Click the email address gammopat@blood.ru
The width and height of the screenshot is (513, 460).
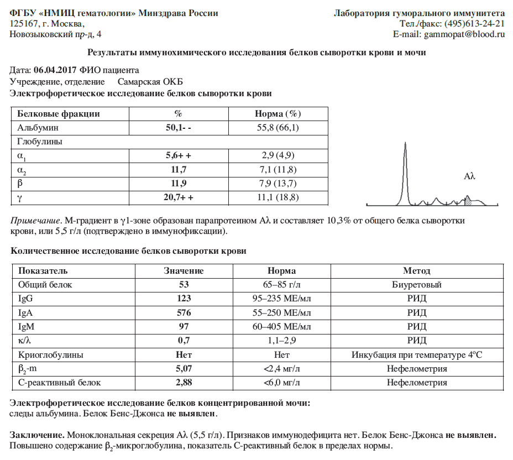point(464,34)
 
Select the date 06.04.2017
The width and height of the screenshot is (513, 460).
point(55,70)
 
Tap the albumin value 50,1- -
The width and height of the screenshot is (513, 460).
point(178,128)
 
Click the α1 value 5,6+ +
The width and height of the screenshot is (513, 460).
point(178,156)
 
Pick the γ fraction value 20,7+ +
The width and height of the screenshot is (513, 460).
point(178,197)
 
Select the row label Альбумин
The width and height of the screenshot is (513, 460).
point(38,128)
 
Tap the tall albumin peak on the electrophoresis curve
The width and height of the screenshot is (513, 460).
point(406,166)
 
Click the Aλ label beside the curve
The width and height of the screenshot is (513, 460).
point(470,176)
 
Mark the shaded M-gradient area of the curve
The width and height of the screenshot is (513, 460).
point(468,201)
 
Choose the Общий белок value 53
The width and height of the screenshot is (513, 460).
point(184,285)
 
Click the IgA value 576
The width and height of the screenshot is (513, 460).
point(184,312)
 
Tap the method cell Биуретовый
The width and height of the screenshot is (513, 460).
point(416,285)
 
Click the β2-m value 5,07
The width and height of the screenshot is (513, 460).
point(184,369)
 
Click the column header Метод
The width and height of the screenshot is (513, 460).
point(416,271)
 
